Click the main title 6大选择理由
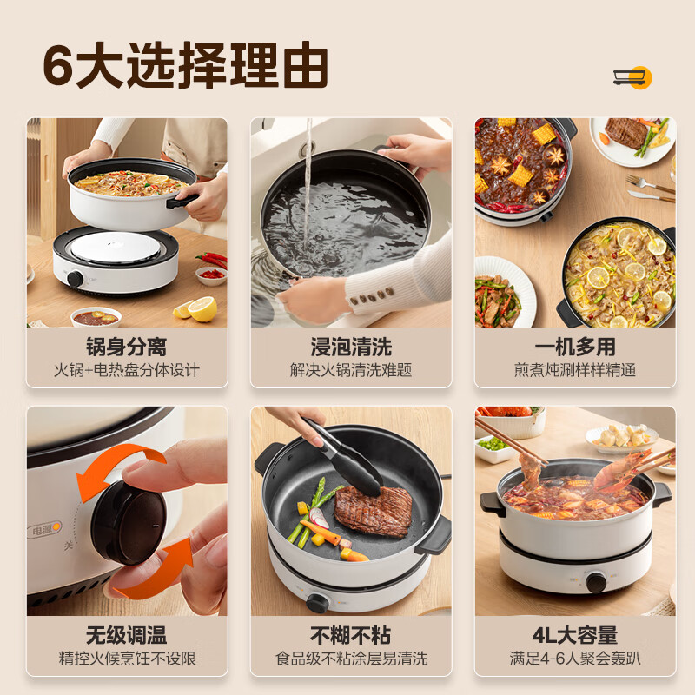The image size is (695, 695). [x=186, y=65]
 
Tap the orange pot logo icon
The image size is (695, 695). [x=632, y=77]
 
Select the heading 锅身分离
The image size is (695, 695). [x=127, y=347]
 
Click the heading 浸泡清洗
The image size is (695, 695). [x=351, y=347]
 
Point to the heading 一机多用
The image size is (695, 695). [x=575, y=347]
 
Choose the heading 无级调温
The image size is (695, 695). [x=127, y=635]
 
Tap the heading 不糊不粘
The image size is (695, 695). [x=351, y=635]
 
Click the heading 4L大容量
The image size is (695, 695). [x=575, y=635]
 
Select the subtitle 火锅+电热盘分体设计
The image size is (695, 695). [x=127, y=370]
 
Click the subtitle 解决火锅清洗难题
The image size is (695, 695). [x=351, y=370]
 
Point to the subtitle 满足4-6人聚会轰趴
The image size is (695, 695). [x=575, y=659]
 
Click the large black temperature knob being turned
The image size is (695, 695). [x=129, y=523]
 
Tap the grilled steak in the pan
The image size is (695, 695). [x=374, y=511]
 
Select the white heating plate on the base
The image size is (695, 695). [x=116, y=247]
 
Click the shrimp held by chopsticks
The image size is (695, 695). [x=625, y=470]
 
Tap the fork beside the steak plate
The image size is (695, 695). [x=650, y=183]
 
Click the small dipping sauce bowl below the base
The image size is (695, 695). [x=96, y=316]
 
